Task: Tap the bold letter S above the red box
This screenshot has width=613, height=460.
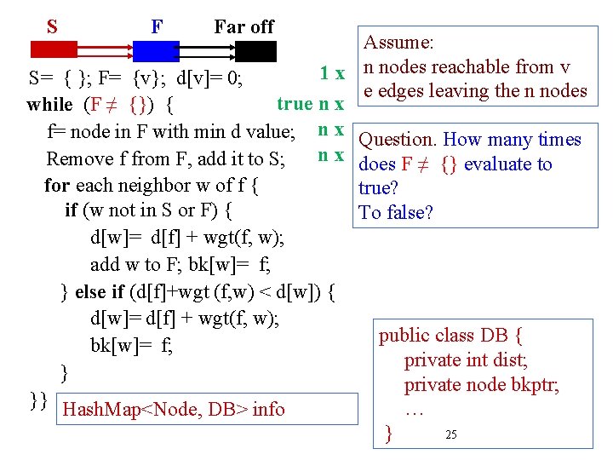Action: pyautogui.click(x=53, y=26)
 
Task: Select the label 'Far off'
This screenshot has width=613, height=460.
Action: pyautogui.click(x=243, y=26)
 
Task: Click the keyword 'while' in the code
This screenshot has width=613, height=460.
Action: pyautogui.click(x=50, y=106)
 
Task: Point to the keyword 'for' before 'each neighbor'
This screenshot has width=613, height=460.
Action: pyautogui.click(x=58, y=185)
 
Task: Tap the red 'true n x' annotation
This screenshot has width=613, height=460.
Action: pyautogui.click(x=310, y=104)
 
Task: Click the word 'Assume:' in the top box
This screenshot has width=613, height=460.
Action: pyautogui.click(x=399, y=43)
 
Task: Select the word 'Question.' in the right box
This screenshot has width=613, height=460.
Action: pyautogui.click(x=398, y=140)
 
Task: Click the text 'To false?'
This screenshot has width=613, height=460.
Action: pyautogui.click(x=396, y=212)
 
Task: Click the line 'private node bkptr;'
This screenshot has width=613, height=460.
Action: pyautogui.click(x=481, y=385)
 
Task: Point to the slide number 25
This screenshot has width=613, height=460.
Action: pyautogui.click(x=451, y=435)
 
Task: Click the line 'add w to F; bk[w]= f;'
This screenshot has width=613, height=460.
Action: pyautogui.click(x=180, y=264)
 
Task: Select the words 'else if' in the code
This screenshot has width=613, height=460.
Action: pyautogui.click(x=100, y=292)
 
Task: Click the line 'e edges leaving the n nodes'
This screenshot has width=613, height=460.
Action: pyautogui.click(x=475, y=91)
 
